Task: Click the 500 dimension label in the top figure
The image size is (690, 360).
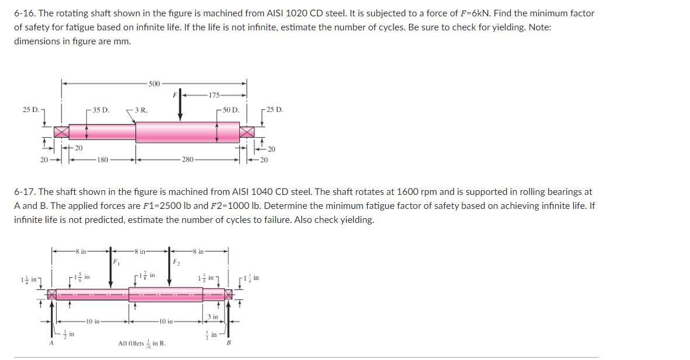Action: point(154,84)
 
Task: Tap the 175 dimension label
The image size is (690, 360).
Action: point(214,95)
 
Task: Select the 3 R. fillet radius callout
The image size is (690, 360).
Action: point(140,110)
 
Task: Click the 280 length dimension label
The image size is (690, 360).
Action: point(187,159)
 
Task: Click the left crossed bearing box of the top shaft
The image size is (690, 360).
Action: point(62,132)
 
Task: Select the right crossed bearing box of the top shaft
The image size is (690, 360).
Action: point(246,132)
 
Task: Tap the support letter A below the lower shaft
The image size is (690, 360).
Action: point(51,343)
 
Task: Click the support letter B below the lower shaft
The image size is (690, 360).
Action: point(228,343)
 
